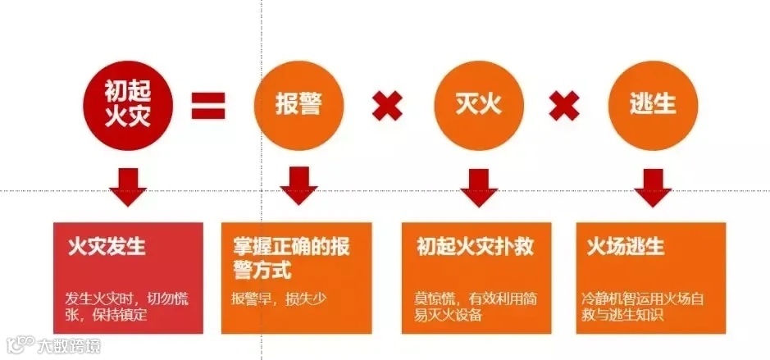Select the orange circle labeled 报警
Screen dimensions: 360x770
298,106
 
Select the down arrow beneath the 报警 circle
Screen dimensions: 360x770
298,185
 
